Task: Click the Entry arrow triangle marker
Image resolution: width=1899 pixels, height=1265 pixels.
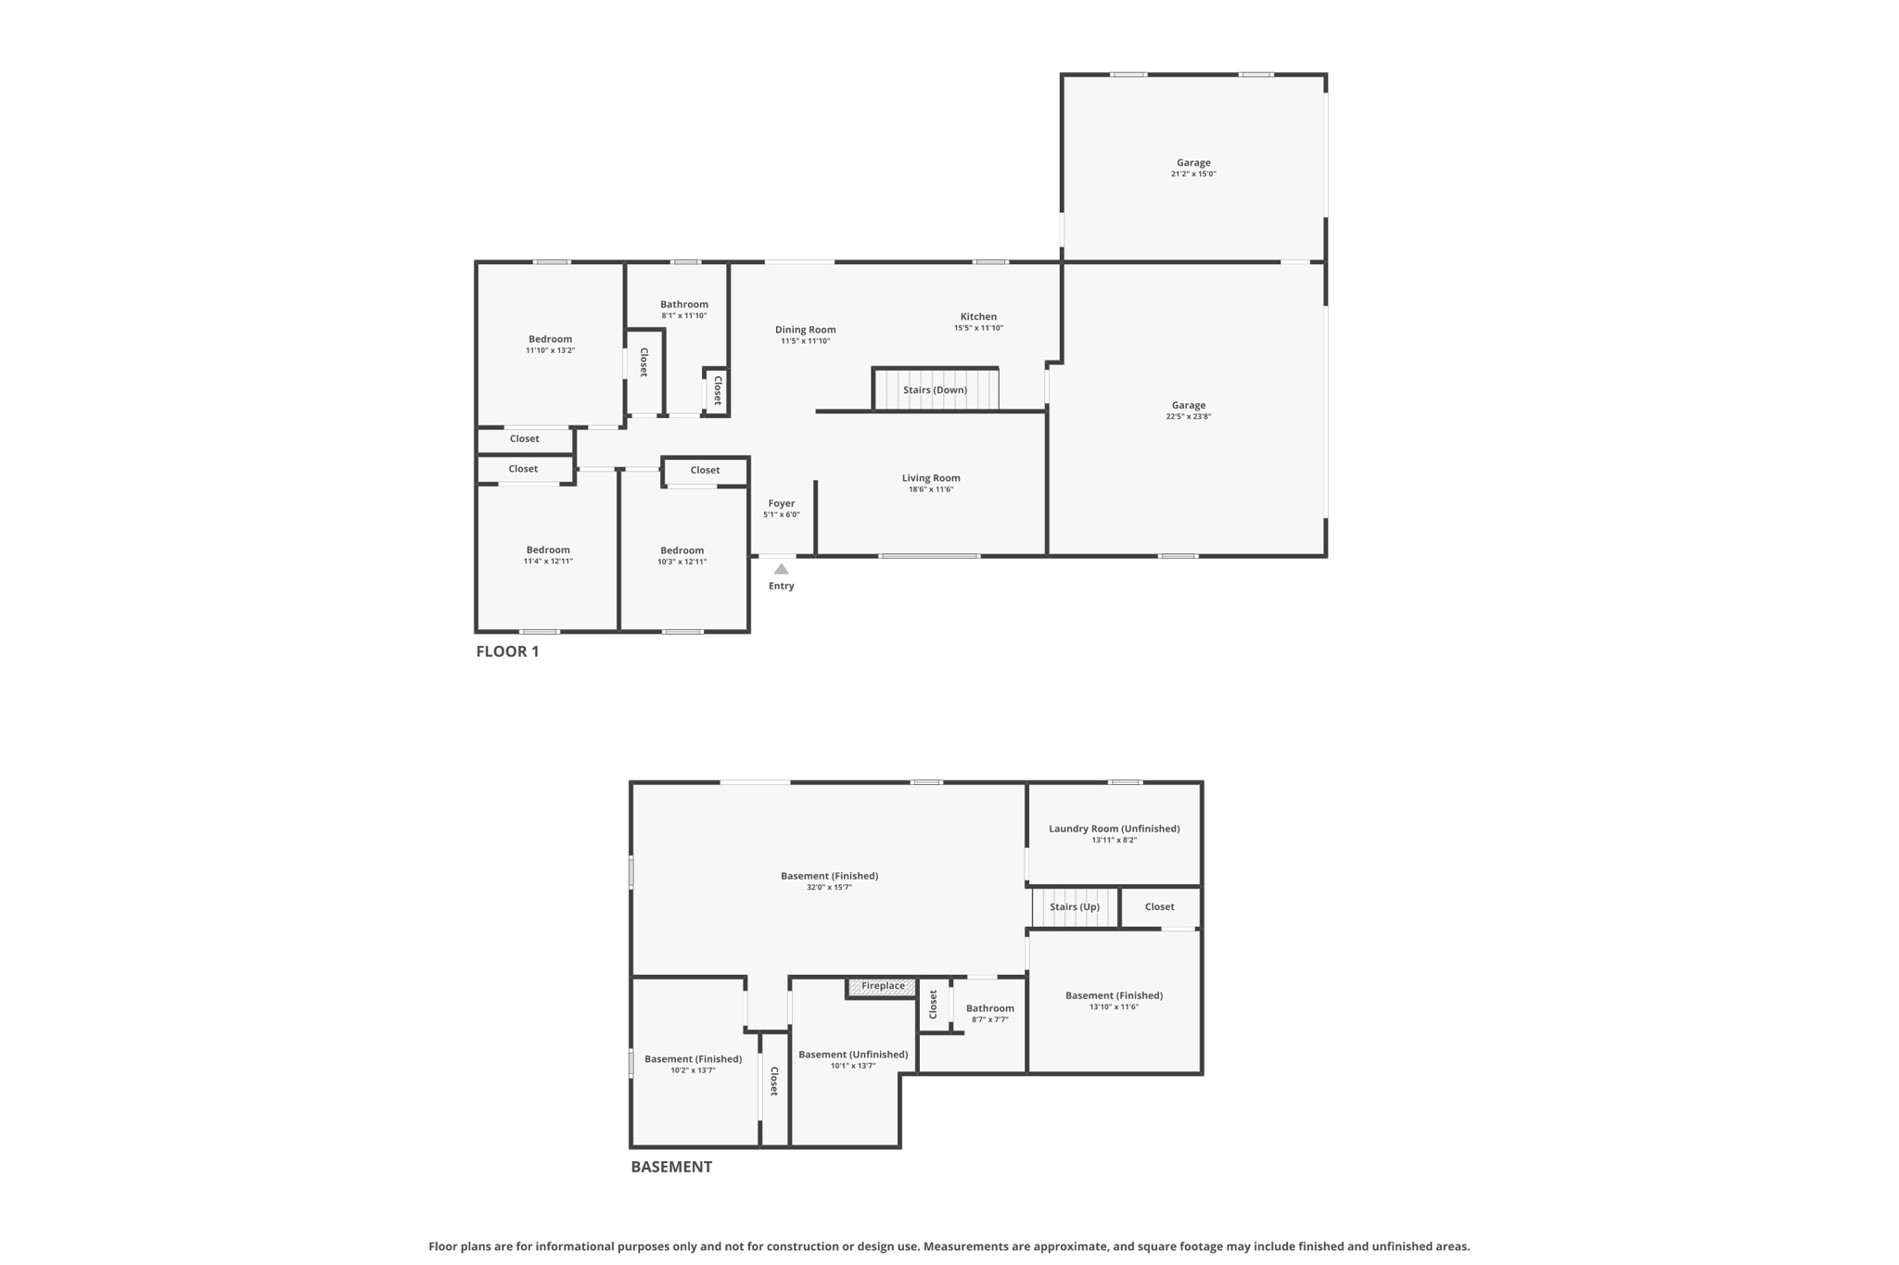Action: pos(781,569)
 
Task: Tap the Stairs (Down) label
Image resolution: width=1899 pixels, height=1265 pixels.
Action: pos(935,390)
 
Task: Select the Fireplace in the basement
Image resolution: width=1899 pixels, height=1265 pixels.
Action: pos(882,986)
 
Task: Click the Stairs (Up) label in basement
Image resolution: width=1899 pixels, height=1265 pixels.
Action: pos(1075,907)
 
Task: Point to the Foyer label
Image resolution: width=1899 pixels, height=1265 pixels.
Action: pos(781,504)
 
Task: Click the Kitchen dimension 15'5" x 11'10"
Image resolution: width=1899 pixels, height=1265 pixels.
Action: pos(978,328)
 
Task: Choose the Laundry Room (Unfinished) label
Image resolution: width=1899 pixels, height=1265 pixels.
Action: pos(1114,829)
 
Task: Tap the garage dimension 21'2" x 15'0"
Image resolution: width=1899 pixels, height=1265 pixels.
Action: pos(1192,174)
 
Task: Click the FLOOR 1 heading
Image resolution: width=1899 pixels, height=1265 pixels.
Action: pos(507,651)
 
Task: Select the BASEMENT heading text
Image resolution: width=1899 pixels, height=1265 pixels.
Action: pos(671,1167)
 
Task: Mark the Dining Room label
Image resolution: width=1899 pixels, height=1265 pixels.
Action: pos(805,330)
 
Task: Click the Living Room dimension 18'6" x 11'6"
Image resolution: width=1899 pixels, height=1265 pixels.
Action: pos(930,489)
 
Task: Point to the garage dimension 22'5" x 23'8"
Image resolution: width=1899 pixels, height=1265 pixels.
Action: pos(1188,417)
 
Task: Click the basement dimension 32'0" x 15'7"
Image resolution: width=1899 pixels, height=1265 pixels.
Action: pos(829,888)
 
